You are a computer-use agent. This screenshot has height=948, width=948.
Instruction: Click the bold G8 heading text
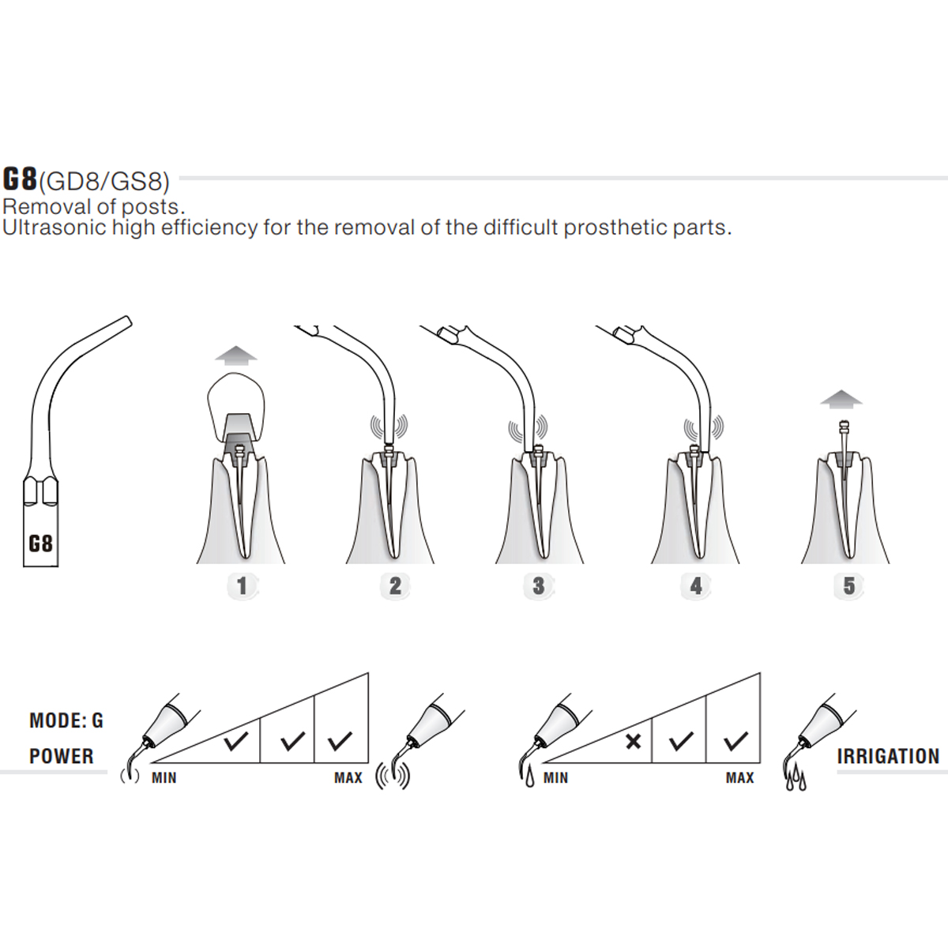pyautogui.click(x=21, y=179)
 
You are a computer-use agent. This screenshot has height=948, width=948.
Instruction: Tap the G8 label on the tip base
pyautogui.click(x=40, y=544)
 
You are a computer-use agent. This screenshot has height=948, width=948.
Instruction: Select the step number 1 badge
pyautogui.click(x=242, y=586)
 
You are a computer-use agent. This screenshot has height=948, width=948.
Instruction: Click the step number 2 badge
pyautogui.click(x=395, y=586)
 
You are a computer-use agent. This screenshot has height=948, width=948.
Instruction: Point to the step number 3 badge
pyautogui.click(x=539, y=586)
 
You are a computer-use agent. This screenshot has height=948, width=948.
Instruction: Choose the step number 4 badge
pyautogui.click(x=696, y=586)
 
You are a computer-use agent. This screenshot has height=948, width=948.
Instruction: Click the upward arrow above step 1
pyautogui.click(x=236, y=355)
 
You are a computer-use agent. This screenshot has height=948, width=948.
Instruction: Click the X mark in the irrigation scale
pyautogui.click(x=634, y=742)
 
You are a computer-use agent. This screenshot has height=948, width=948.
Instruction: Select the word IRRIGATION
pyautogui.click(x=888, y=756)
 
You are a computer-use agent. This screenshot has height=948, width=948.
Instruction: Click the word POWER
pyautogui.click(x=62, y=756)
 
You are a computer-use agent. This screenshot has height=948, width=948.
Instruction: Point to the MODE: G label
pyautogui.click(x=66, y=720)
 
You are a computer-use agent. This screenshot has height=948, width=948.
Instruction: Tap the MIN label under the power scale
pyautogui.click(x=164, y=778)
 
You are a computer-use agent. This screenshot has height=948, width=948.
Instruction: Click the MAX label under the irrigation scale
pyautogui.click(x=740, y=778)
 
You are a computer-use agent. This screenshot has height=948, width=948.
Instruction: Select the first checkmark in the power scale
pyautogui.click(x=236, y=741)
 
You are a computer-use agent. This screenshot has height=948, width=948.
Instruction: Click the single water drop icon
pyautogui.click(x=529, y=778)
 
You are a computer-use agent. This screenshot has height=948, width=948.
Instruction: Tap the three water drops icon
pyautogui.click(x=796, y=781)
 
